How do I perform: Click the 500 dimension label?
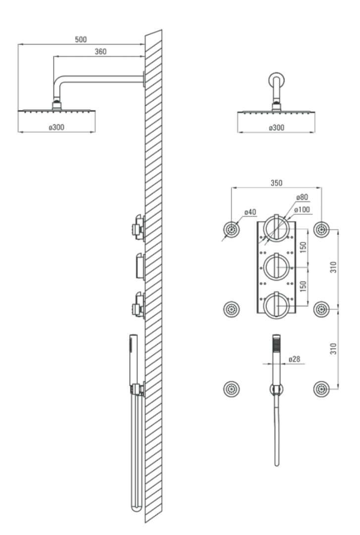pos(81,40)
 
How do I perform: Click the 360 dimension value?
pos(101,52)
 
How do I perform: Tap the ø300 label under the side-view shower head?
pos(56,127)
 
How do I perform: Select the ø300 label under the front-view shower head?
pos(276,128)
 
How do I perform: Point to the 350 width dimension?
pos(276,183)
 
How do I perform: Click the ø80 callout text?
pos(302,197)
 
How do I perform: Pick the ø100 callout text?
pos(302,209)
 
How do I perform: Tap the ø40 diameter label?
pos(250,212)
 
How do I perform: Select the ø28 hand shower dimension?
pos(294,359)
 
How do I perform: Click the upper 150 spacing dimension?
pos(303,247)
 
